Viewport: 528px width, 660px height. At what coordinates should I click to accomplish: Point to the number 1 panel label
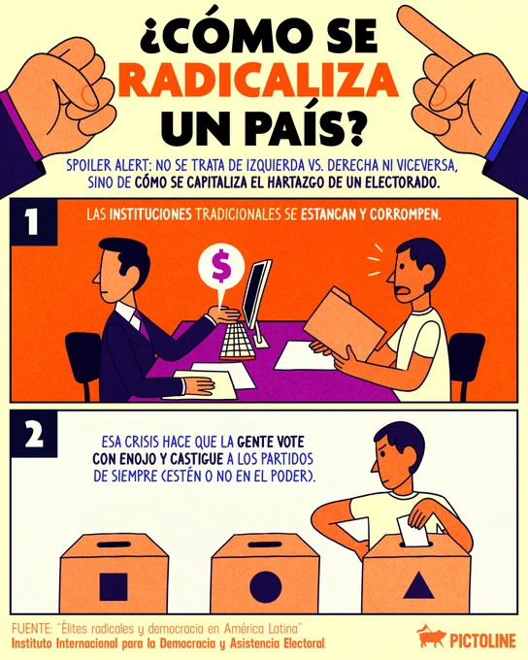point(33,221)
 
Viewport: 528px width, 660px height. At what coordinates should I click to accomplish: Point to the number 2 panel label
point(34,435)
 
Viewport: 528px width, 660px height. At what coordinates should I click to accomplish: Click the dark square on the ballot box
point(114,586)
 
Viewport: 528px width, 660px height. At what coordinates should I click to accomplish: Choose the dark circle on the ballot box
point(265,587)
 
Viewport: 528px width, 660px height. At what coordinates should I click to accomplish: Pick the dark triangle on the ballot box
point(418,585)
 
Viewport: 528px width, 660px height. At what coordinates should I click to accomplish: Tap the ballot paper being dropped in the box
point(412,531)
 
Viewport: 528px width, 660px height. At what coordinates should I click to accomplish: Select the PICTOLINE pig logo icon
point(431,637)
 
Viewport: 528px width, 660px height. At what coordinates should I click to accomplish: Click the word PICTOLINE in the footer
point(482,641)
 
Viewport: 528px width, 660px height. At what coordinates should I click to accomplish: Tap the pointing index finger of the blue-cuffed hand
point(434,34)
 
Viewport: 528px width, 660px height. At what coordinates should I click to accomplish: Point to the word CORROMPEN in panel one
point(405,214)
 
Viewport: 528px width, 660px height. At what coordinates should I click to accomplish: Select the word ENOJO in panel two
point(137,459)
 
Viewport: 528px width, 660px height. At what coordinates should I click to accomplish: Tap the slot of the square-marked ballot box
point(114,544)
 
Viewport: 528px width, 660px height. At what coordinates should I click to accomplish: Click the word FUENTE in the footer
point(30,629)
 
